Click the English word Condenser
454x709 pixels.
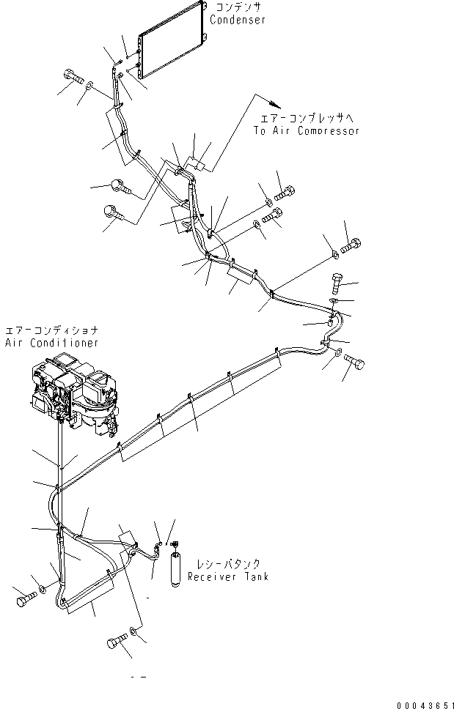[x=238, y=21]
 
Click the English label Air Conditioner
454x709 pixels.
[x=51, y=343]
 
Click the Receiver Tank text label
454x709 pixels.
[x=227, y=576]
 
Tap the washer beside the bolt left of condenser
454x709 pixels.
[x=89, y=87]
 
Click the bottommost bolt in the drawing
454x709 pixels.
[x=114, y=643]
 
